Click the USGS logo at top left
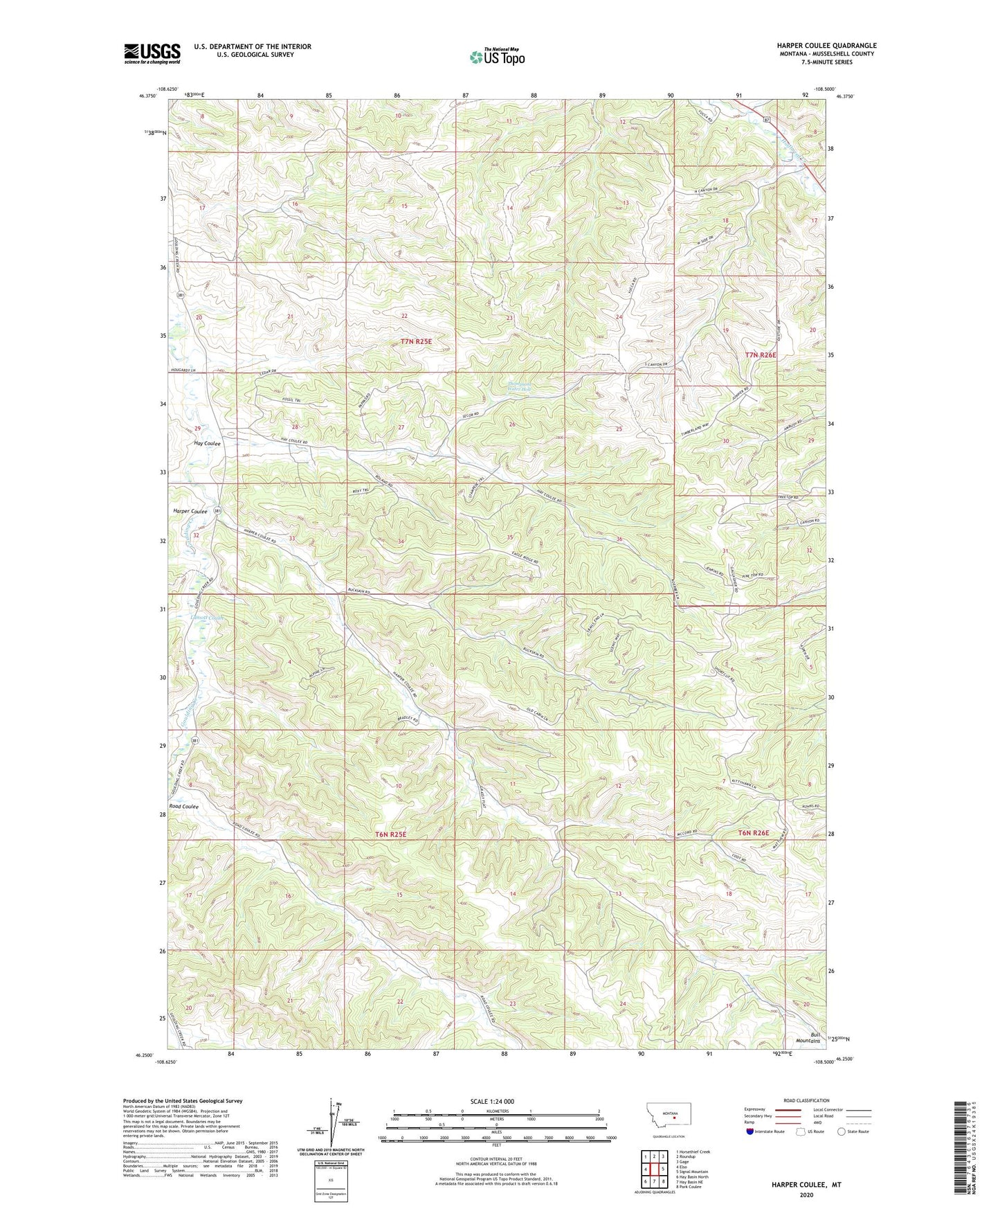point(152,53)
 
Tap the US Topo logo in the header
point(496,57)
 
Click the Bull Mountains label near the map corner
point(810,1037)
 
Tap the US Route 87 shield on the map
point(767,120)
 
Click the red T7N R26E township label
point(761,355)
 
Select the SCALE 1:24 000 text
point(492,1102)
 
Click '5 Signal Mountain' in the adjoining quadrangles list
point(696,1172)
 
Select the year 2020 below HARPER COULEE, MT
point(806,1194)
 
